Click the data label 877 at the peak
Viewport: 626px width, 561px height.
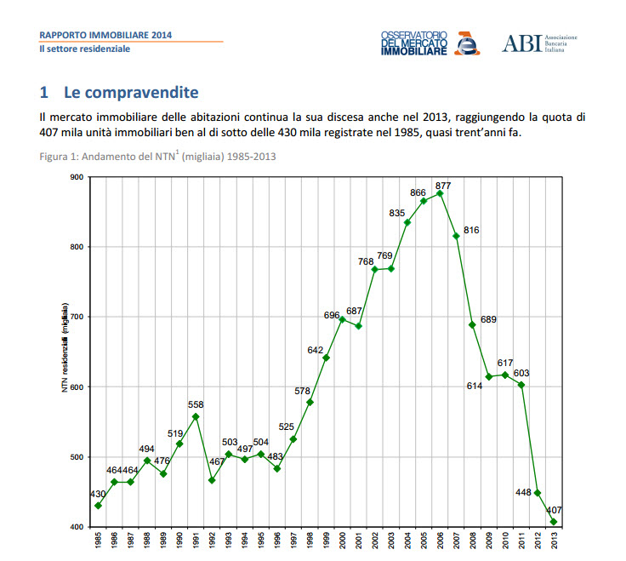(442, 186)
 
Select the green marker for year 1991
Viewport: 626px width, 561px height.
(196, 416)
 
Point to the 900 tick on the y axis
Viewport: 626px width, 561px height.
(77, 177)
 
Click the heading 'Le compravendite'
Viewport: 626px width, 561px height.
(119, 91)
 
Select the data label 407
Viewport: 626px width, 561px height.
(555, 510)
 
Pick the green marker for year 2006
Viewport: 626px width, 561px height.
(440, 193)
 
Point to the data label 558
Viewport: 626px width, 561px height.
(196, 404)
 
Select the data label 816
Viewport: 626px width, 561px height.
(472, 230)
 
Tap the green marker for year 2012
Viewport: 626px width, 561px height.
(538, 493)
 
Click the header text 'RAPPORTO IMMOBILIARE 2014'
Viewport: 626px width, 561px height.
(105, 35)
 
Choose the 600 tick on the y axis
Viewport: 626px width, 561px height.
(77, 387)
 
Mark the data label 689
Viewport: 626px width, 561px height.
(488, 319)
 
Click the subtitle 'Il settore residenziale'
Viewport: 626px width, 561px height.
(85, 49)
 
